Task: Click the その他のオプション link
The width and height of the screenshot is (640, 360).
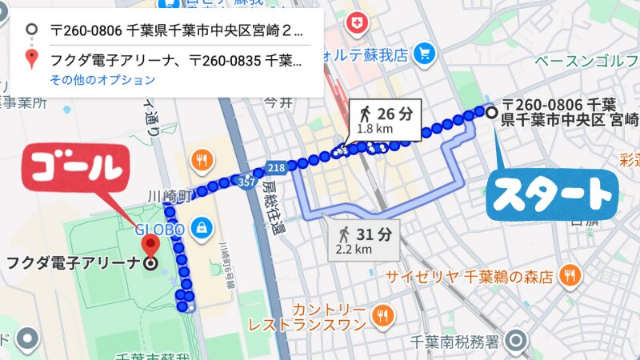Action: (x=102, y=79)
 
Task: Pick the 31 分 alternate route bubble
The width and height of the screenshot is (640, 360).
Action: (x=365, y=240)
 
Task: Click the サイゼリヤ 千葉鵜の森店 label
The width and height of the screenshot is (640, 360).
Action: (x=470, y=278)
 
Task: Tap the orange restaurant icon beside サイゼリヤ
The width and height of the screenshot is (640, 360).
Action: (x=569, y=275)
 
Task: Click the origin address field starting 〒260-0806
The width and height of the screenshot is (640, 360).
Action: (x=176, y=31)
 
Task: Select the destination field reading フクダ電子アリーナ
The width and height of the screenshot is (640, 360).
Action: (x=176, y=58)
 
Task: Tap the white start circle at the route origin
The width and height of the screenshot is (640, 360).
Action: (x=491, y=112)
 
